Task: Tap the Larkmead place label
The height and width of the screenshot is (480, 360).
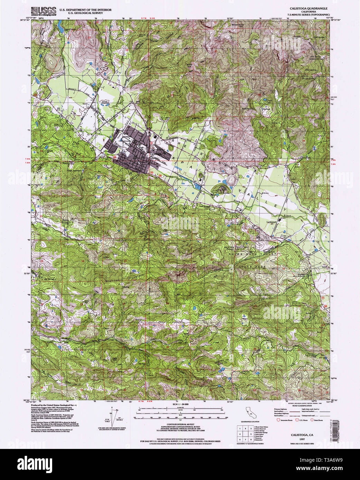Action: (x=272, y=222)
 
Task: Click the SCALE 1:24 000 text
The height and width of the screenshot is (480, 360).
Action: (x=180, y=403)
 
